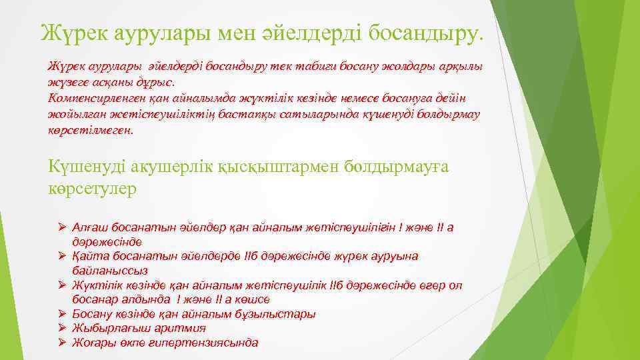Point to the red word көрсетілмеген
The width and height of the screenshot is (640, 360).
(91, 131)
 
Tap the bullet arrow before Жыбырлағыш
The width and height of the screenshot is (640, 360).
(60, 328)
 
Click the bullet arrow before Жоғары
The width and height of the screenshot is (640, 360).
(60, 343)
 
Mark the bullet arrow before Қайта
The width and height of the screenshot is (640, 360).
(60, 256)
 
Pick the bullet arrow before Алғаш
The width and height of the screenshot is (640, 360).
(60, 227)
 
